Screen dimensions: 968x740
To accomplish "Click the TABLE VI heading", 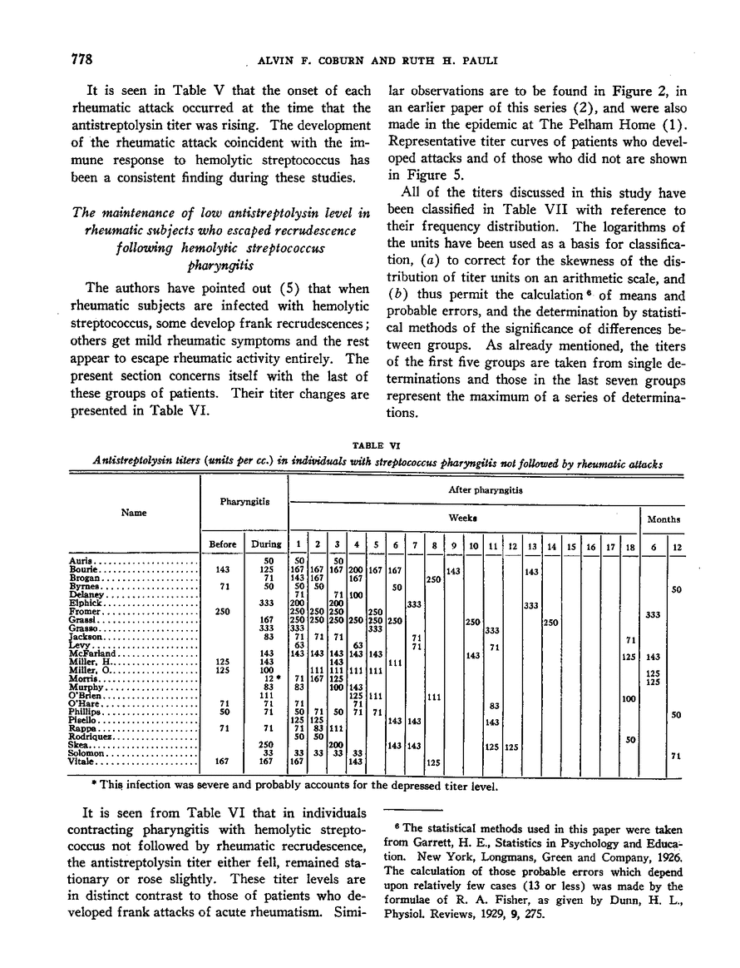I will coord(369,445).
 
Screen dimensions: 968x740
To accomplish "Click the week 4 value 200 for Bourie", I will coord(357,570).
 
